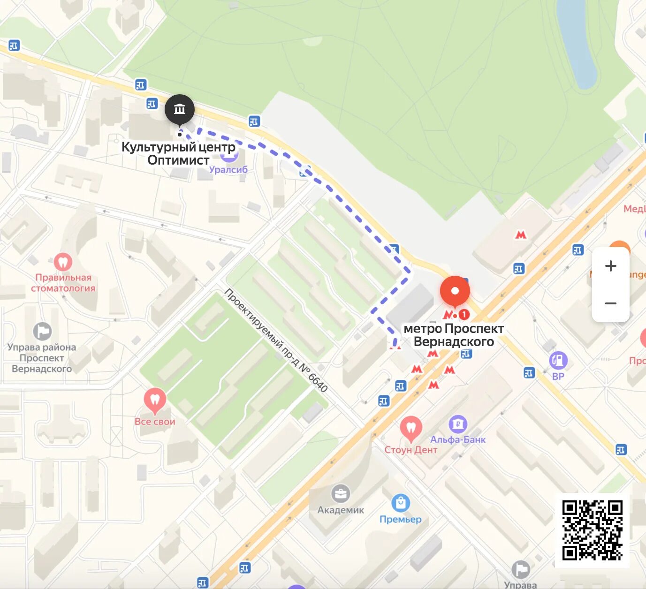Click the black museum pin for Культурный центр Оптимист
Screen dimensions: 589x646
(x=179, y=110)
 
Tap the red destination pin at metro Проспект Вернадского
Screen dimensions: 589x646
(x=455, y=291)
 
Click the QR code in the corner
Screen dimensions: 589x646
(x=592, y=530)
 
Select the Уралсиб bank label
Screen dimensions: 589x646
(x=228, y=169)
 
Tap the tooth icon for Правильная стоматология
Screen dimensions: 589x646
(x=62, y=262)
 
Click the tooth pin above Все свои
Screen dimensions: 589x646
(x=155, y=400)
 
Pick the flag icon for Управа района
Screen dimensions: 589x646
(x=42, y=331)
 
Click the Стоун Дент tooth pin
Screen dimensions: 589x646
(x=411, y=428)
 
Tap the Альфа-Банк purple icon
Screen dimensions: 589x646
(x=457, y=424)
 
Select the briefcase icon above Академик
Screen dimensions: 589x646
(x=340, y=494)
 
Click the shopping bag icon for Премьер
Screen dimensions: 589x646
(x=400, y=503)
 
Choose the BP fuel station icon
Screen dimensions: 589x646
(x=558, y=360)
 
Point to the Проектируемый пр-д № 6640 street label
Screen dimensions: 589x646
(x=276, y=340)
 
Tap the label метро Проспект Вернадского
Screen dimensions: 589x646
(x=453, y=335)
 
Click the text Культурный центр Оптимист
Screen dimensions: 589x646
(x=178, y=153)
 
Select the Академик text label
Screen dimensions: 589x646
(x=341, y=510)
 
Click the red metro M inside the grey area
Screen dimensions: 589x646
(x=521, y=234)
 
